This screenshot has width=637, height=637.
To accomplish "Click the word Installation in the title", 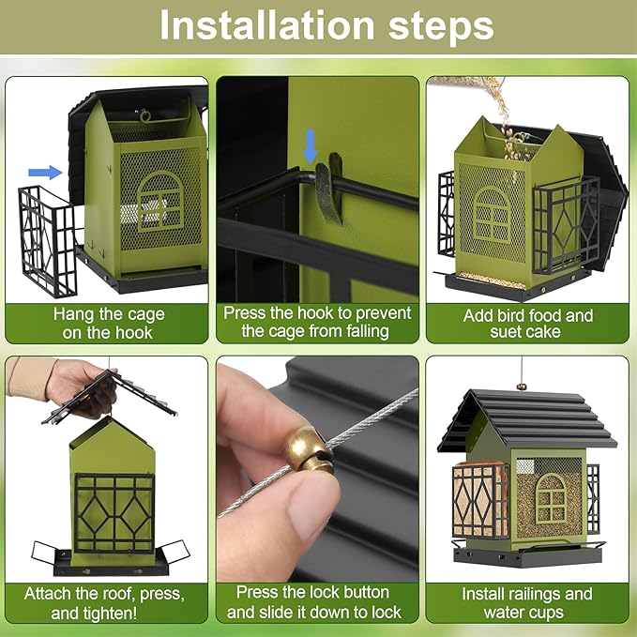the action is pyautogui.click(x=267, y=25).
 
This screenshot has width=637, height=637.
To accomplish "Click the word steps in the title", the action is pyautogui.click(x=441, y=27).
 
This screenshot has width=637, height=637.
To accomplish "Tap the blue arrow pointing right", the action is pyautogui.click(x=45, y=173).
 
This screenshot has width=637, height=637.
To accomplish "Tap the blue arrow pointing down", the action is pyautogui.click(x=311, y=146).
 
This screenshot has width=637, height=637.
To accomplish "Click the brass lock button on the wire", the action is pyautogui.click(x=308, y=449).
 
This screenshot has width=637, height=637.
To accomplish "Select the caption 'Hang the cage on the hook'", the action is pyautogui.click(x=109, y=324).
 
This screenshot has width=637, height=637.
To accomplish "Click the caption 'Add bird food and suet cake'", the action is pyautogui.click(x=528, y=324).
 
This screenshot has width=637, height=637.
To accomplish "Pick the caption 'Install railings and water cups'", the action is pyautogui.click(x=527, y=603).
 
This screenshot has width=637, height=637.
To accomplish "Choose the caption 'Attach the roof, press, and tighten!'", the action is pyautogui.click(x=104, y=603).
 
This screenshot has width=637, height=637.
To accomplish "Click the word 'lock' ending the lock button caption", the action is pyautogui.click(x=385, y=613).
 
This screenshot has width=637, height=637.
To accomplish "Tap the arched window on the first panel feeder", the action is pyautogui.click(x=160, y=202).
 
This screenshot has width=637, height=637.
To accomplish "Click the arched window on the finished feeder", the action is pyautogui.click(x=551, y=498).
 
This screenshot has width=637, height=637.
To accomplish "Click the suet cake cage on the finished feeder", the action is pyautogui.click(x=480, y=501).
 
